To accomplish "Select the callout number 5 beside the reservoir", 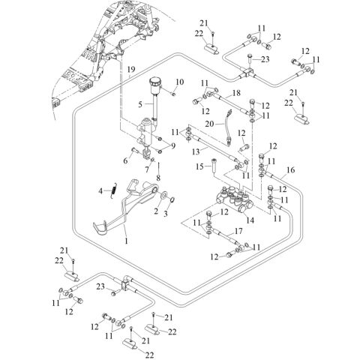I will point(140,103).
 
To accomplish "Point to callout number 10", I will point(180,82).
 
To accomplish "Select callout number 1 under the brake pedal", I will point(126,241).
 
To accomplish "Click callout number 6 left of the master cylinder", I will point(124,160).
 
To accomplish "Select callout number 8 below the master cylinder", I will point(157,178).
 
